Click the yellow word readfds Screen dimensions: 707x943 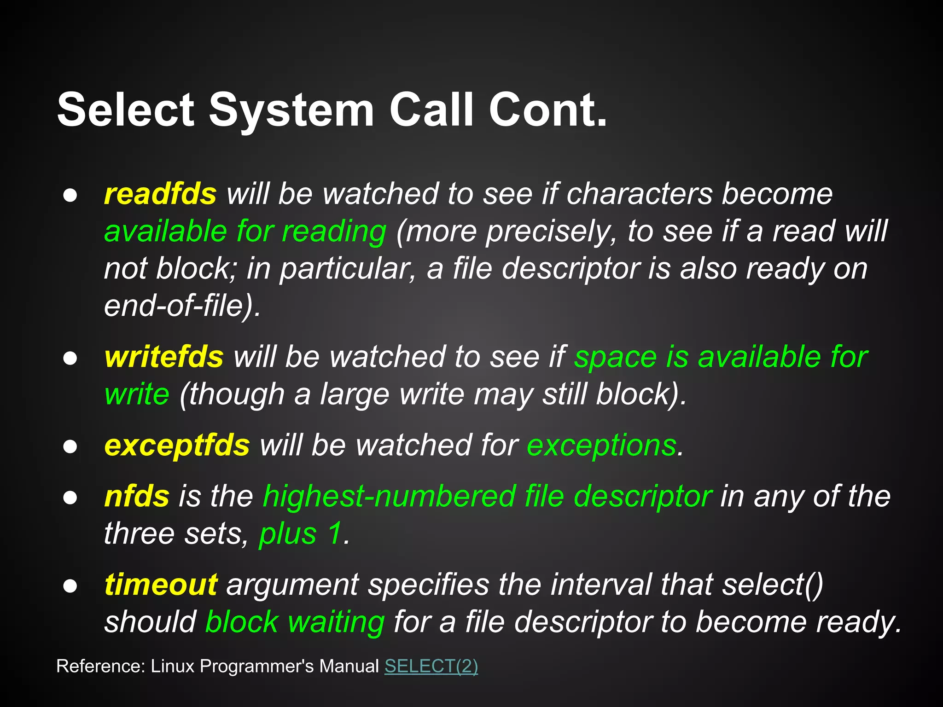coord(160,194)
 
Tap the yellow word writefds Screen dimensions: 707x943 coord(163,357)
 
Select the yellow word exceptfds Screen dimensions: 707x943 coord(177,446)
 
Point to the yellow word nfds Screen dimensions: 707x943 coord(137,497)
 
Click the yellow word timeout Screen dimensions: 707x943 coord(161,585)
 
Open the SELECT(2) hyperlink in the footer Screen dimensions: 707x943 coord(431,666)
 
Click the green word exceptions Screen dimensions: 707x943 coord(601,446)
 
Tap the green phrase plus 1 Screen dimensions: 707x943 coord(301,534)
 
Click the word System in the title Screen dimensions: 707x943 coord(291,110)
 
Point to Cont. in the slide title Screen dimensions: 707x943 coord(547,110)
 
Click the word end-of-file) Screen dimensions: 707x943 coord(182,306)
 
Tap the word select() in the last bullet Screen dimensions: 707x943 coord(773,585)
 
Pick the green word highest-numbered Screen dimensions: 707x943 coord(389,497)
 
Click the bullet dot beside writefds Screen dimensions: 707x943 coord(70,358)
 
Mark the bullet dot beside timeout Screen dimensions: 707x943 coord(70,586)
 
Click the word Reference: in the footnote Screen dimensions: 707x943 coord(100,666)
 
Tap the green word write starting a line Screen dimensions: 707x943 coord(137,394)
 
